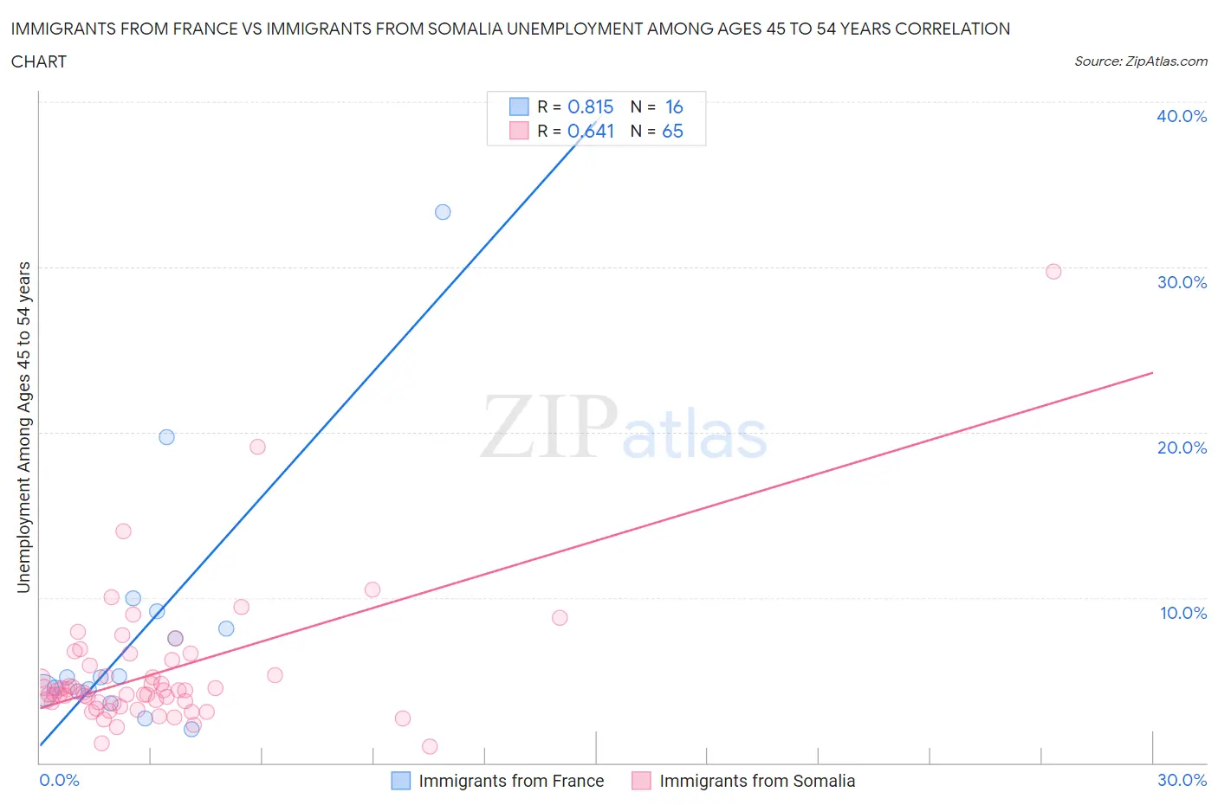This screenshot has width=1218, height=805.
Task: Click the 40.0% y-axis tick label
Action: tap(1182, 116)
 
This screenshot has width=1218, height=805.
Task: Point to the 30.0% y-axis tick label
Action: tap(1182, 282)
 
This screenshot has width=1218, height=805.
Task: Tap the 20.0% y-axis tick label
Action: tap(1182, 448)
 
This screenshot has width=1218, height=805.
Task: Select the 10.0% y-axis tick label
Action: tap(1182, 613)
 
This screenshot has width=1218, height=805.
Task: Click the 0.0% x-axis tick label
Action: tap(59, 780)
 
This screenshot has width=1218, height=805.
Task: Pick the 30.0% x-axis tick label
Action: tap(1182, 780)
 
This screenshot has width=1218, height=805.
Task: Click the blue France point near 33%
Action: tap(443, 212)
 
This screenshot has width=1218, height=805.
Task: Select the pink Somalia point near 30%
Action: tap(1053, 272)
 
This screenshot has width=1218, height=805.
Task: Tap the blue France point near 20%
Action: tap(167, 437)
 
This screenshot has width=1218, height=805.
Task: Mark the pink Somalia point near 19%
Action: tap(257, 447)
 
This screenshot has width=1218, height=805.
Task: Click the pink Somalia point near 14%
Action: tap(123, 531)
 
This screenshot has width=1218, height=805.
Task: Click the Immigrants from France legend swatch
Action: tap(400, 781)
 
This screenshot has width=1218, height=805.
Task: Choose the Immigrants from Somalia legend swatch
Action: tap(641, 781)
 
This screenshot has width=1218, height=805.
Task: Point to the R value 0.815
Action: tap(590, 106)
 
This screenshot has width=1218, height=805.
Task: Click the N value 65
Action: tap(672, 131)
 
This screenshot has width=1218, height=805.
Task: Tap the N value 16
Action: tap(674, 106)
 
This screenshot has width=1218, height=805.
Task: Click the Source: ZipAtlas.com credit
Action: tap(1140, 61)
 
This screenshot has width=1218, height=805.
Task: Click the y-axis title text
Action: tap(23, 428)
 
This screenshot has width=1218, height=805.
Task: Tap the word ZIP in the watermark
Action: tap(547, 427)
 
